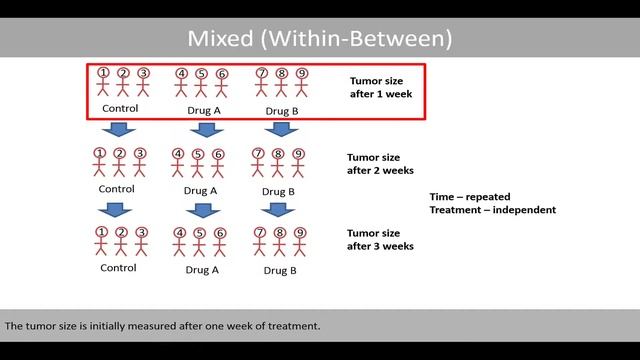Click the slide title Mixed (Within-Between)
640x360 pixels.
coord(320,39)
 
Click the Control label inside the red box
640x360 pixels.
coord(120,109)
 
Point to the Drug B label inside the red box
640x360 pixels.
coord(281,110)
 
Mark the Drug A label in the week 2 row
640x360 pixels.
coord(201,190)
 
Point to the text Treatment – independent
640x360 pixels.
coord(492,210)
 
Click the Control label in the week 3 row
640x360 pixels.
coord(118,268)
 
